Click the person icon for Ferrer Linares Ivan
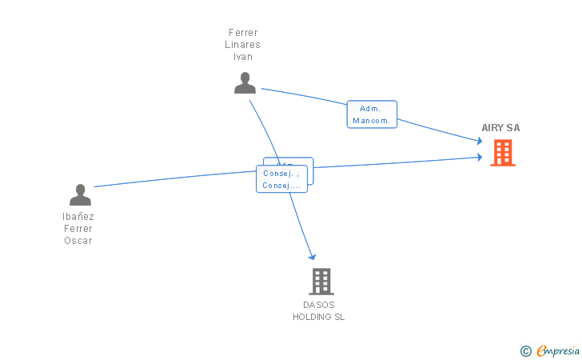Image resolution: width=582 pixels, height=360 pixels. click(245, 82)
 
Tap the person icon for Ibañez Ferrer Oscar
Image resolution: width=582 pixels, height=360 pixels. click(80, 194)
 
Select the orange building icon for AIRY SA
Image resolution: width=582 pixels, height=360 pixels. click(502, 152)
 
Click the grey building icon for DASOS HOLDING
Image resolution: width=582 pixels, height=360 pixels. click(321, 281)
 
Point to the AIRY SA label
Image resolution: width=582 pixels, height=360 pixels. click(500, 128)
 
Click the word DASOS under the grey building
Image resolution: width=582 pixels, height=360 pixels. click(318, 305)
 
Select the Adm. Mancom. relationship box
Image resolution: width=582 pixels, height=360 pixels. click(372, 114)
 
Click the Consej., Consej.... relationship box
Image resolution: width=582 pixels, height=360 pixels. click(281, 178)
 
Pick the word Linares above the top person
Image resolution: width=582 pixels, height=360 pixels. click(242, 45)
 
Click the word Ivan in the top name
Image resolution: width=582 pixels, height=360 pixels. click(242, 57)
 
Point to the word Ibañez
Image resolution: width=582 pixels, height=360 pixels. click(78, 217)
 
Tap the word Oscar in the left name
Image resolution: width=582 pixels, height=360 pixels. click(78, 241)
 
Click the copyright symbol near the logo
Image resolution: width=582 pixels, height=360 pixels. click(525, 350)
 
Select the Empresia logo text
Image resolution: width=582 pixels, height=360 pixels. click(558, 350)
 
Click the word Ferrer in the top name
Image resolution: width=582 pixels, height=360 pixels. click(242, 33)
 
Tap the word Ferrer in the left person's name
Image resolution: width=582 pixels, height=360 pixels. click(78, 229)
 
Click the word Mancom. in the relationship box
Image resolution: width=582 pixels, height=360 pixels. click(372, 121)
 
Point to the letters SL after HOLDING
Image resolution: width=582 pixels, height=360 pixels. click(339, 317)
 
